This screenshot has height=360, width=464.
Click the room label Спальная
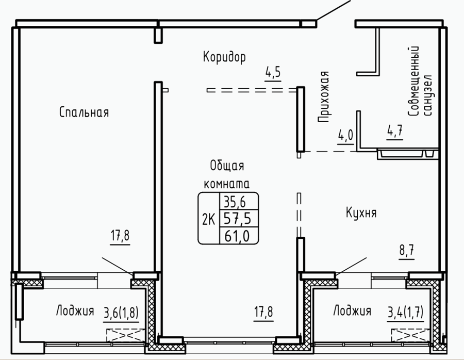coord(84,112)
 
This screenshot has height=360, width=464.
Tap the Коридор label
coord(224,57)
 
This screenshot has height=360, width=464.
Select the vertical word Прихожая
coord(323,97)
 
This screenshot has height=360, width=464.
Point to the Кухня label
coord(361,212)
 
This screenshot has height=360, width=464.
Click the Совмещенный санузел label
coord(420,81)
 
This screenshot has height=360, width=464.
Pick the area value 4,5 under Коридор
coord(273,73)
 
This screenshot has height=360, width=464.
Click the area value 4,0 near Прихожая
coord(345,136)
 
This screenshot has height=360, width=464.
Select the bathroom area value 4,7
coord(395,131)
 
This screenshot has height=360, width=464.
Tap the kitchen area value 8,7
coord(407,251)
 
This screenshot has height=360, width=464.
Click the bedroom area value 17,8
coord(120,237)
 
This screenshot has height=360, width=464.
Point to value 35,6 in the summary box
coord(235,202)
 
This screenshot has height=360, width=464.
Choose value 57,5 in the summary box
coord(237,219)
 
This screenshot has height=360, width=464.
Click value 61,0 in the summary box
coord(237,236)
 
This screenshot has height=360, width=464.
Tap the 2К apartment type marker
coord(209,220)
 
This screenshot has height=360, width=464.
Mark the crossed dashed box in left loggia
coord(126,335)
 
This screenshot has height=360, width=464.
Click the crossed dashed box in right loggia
coord(410,335)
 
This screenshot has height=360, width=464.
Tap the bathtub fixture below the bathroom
coord(407,154)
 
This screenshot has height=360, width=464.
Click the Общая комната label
coord(227,175)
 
